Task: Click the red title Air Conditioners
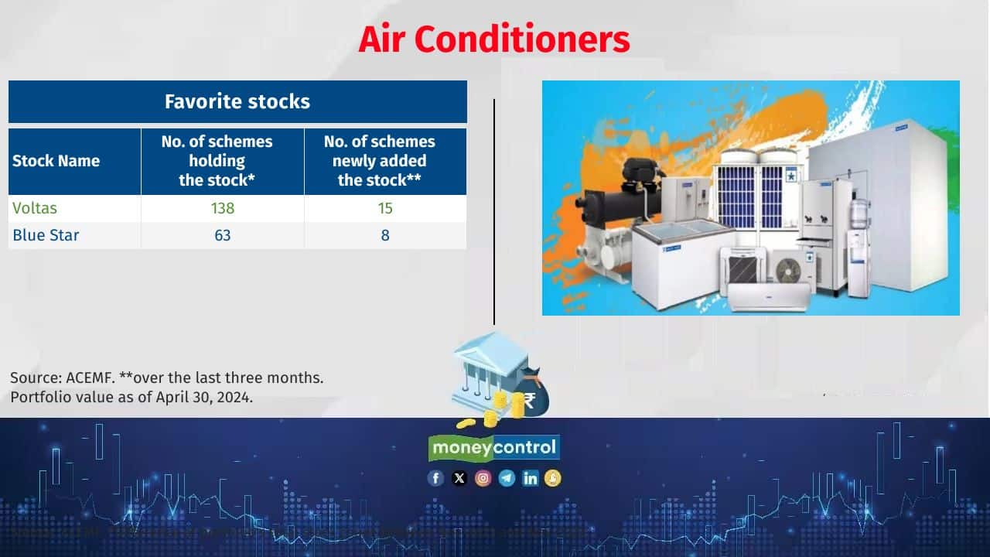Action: click(x=494, y=39)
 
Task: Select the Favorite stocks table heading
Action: click(x=237, y=101)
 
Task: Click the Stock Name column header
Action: click(x=56, y=161)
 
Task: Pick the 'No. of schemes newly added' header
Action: click(x=379, y=161)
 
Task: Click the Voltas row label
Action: click(x=35, y=208)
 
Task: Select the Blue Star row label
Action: click(x=46, y=235)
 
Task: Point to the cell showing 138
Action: click(x=223, y=208)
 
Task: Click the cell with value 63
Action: click(x=223, y=235)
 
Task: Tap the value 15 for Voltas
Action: click(x=385, y=208)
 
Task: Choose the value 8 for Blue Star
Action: click(x=385, y=235)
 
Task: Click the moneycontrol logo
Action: click(x=494, y=448)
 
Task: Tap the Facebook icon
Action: click(x=435, y=478)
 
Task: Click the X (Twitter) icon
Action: click(x=459, y=478)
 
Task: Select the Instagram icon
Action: click(x=483, y=478)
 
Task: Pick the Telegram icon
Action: click(x=507, y=478)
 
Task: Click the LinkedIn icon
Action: click(x=531, y=478)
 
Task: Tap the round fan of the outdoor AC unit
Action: click(x=789, y=269)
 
